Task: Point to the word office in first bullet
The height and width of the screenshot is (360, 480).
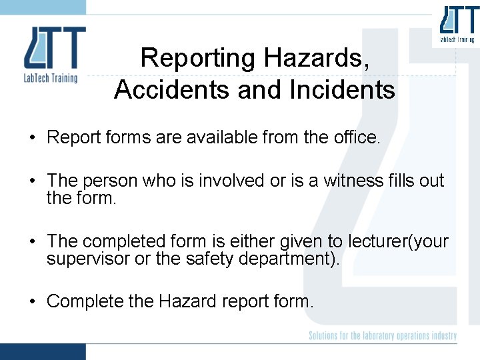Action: pos(358,138)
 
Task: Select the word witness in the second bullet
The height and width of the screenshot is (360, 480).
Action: pos(353,181)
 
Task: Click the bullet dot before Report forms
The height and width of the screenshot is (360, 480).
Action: pos(32,139)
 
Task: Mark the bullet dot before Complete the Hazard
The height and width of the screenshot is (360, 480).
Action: pos(32,302)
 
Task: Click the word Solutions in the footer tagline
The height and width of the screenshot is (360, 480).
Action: pos(325,335)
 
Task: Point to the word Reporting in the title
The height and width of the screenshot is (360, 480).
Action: pos(197,58)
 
